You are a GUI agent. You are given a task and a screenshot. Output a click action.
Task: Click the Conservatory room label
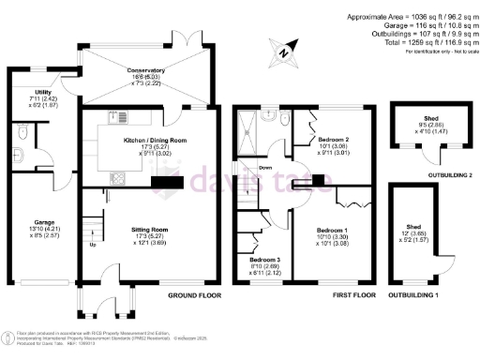pyautogui.click(x=146, y=70)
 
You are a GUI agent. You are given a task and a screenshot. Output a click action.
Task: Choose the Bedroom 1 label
pyautogui.click(x=333, y=230)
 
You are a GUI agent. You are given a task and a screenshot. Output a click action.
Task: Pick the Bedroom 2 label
pyautogui.click(x=334, y=139)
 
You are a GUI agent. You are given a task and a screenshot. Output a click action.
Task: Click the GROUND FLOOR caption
pyautogui.click(x=194, y=295)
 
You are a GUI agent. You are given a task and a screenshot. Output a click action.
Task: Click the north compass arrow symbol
pyautogui.click(x=282, y=52)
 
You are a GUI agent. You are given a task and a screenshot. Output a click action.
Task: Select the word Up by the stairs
pyautogui.click(x=91, y=245)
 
